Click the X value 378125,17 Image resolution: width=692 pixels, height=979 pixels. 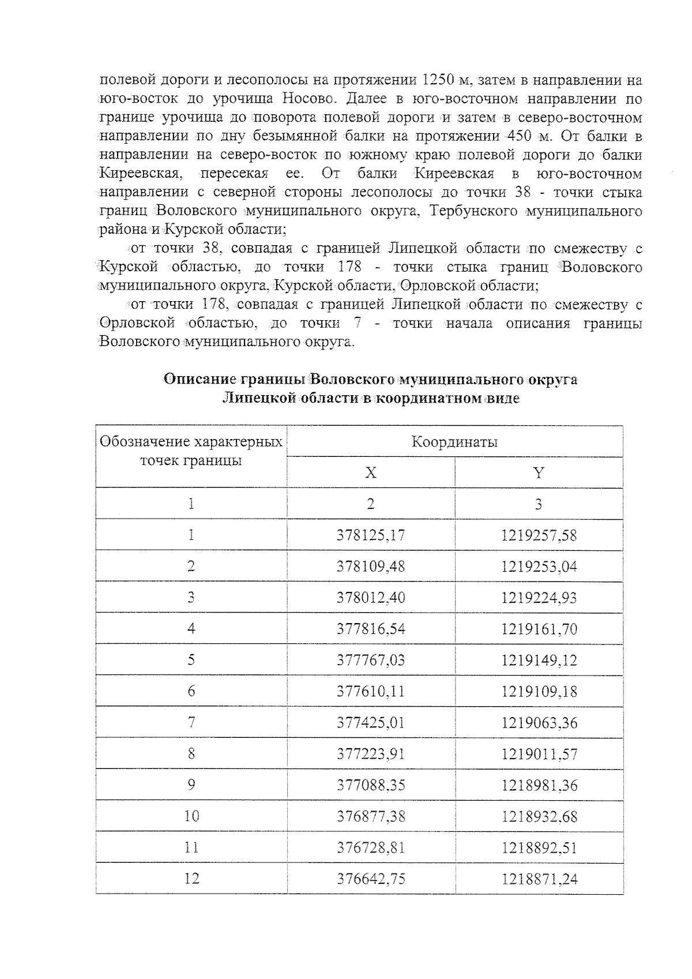point(371,535)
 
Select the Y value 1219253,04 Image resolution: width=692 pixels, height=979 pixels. point(539,567)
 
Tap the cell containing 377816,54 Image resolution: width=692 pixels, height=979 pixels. point(371,629)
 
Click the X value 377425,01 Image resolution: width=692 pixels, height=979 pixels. point(371,723)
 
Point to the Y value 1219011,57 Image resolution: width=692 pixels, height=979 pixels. point(539,754)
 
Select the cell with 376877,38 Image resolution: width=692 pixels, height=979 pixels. point(371,816)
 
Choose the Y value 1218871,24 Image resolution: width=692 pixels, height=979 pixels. point(539,879)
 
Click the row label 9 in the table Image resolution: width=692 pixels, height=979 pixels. point(191,785)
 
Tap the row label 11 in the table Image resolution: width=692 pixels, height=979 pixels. point(191,847)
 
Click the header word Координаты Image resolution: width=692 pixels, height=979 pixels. point(454,442)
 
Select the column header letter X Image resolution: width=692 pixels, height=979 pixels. point(371,473)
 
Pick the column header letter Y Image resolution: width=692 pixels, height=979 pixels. point(539,473)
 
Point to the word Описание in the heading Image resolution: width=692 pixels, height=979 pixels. point(199,380)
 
